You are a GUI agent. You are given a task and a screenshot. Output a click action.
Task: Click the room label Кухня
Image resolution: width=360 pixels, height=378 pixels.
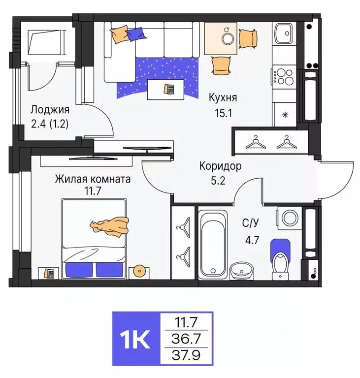click(223, 97)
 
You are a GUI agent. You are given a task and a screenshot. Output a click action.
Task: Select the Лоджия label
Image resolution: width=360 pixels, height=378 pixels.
click(49, 110)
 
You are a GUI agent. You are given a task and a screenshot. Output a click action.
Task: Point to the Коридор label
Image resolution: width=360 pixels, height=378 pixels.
click(220, 166)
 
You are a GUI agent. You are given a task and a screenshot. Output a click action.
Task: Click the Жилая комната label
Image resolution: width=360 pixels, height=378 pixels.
click(93, 179)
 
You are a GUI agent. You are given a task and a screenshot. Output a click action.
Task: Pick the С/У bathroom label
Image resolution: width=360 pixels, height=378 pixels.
click(251, 223)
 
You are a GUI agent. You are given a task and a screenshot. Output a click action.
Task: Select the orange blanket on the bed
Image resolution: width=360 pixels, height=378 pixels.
click(109, 225)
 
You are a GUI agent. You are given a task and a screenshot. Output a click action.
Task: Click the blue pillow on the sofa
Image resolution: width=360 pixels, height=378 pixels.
click(135, 33)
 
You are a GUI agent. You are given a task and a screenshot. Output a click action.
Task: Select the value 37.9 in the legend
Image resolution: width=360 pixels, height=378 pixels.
click(186, 354)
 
